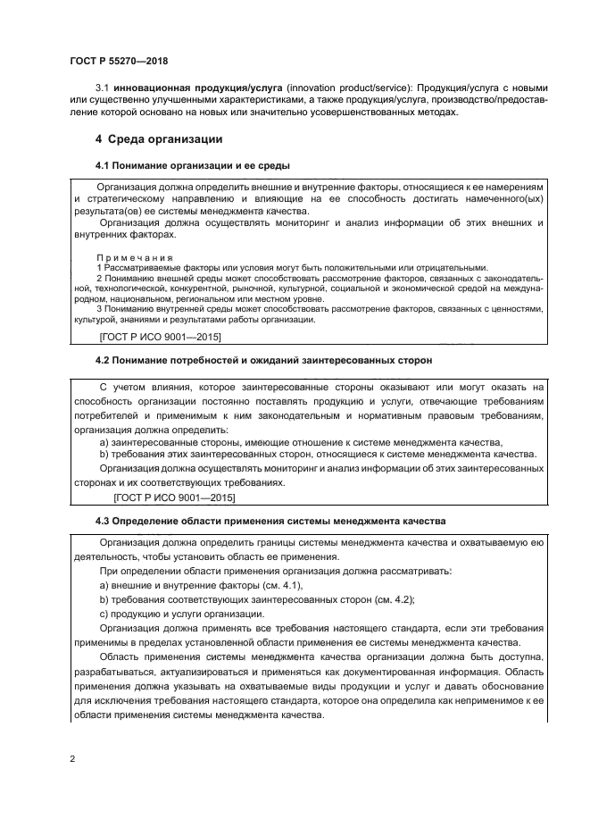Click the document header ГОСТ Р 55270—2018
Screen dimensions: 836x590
click(118, 62)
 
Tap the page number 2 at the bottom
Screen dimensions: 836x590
click(71, 758)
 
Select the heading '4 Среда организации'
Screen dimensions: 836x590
click(159, 139)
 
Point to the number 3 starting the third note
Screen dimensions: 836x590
click(99, 309)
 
